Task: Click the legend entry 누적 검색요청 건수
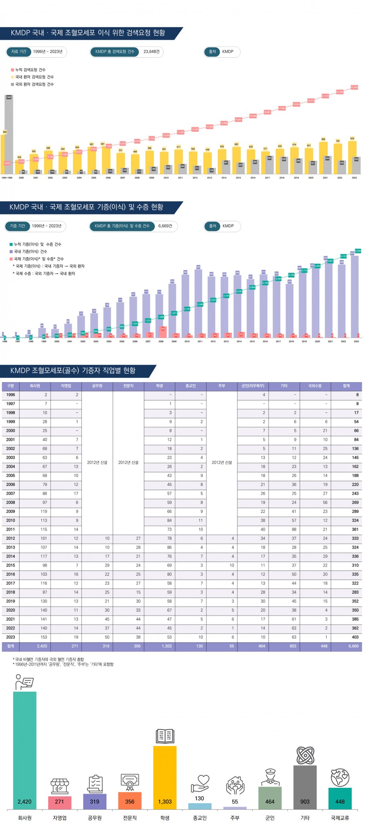(30, 70)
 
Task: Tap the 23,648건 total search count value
(152, 52)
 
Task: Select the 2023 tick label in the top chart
(354, 177)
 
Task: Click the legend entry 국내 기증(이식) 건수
(30, 252)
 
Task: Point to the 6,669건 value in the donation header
(165, 226)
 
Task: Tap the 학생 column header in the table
(159, 386)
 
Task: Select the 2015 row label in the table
(10, 565)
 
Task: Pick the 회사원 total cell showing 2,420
(42, 646)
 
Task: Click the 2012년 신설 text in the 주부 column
(221, 463)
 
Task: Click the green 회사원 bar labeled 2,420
(24, 751)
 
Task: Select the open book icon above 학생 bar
(164, 736)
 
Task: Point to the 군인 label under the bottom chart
(270, 818)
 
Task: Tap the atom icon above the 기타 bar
(305, 755)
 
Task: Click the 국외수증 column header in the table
(315, 386)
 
